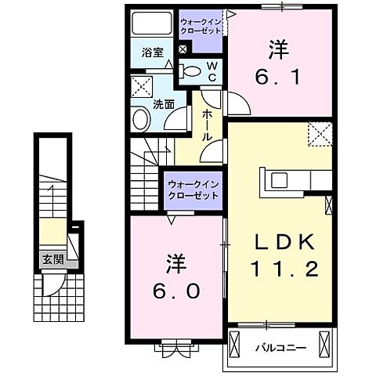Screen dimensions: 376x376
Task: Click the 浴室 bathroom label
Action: pyautogui.click(x=153, y=52)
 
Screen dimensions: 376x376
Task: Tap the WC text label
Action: pyautogui.click(x=211, y=72)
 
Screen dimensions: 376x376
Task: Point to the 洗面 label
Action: pyautogui.click(x=162, y=103)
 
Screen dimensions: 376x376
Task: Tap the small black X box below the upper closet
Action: pyautogui.click(x=183, y=49)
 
